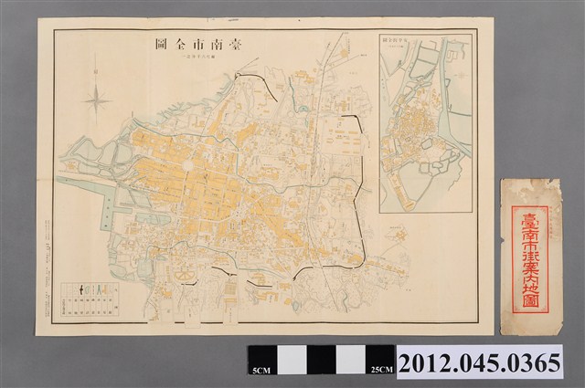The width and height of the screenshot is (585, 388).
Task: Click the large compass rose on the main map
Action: [x=98, y=96]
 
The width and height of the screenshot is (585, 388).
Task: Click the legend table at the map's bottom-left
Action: [x=88, y=302]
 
